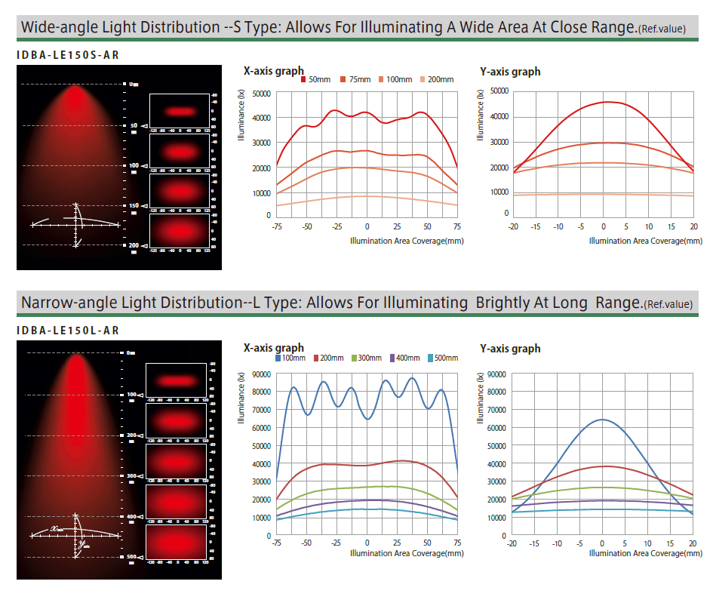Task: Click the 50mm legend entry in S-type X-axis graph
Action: pyautogui.click(x=316, y=80)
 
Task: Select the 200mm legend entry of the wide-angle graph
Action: pyautogui.click(x=437, y=80)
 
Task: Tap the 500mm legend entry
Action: pyautogui.click(x=443, y=358)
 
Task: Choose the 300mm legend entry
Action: pyautogui.click(x=366, y=358)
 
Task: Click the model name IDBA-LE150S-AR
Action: pyautogui.click(x=68, y=55)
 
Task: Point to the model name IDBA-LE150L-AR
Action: pyautogui.click(x=68, y=331)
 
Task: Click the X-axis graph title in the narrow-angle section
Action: pyautogui.click(x=274, y=348)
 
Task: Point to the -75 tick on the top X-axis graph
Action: pyautogui.click(x=277, y=226)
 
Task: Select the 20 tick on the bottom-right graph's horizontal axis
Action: pyautogui.click(x=693, y=543)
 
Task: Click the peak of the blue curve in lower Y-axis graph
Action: pyautogui.click(x=602, y=420)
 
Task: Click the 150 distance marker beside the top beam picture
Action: pyautogui.click(x=134, y=205)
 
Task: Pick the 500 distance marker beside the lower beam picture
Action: pyautogui.click(x=131, y=557)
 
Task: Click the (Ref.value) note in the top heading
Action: pyautogui.click(x=661, y=29)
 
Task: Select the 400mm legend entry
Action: pyautogui.click(x=404, y=358)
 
